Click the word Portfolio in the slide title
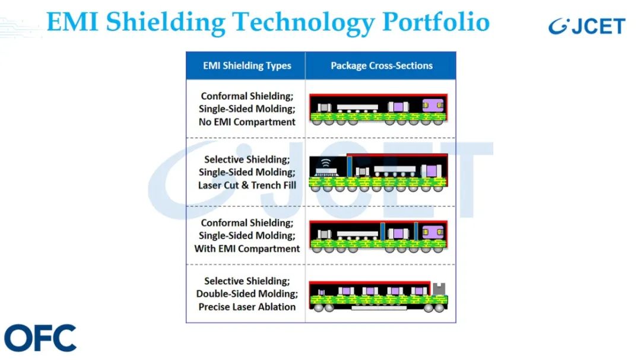[x=436, y=22]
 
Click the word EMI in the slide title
[x=72, y=22]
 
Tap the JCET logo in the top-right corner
[x=586, y=26]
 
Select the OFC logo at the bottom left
[x=40, y=338]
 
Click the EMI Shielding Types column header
[x=247, y=65]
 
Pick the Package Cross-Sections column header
[x=382, y=65]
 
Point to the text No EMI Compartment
[x=247, y=122]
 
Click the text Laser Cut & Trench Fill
[x=247, y=185]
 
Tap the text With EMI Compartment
[x=247, y=249]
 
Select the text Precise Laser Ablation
[x=247, y=307]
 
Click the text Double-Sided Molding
[x=247, y=294]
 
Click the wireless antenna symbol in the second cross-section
[x=325, y=163]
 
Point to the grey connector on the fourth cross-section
[x=439, y=288]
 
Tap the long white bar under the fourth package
[x=379, y=308]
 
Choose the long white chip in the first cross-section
[x=357, y=107]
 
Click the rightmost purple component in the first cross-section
[x=433, y=106]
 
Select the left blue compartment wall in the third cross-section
[x=383, y=231]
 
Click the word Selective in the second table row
[x=224, y=159]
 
